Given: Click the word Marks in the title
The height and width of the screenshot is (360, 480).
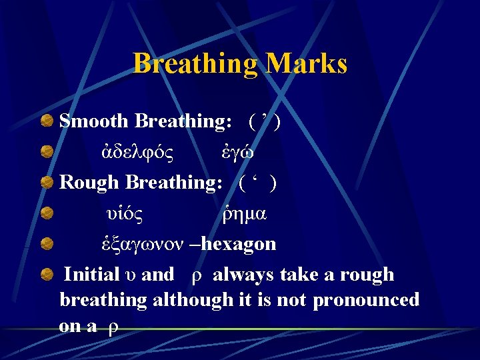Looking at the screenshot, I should (x=306, y=64).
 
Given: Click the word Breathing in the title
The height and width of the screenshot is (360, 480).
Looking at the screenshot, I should (x=195, y=64).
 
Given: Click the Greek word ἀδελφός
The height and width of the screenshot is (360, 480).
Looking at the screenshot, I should (x=133, y=152).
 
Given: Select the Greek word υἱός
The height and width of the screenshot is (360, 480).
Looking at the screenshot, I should (x=125, y=213).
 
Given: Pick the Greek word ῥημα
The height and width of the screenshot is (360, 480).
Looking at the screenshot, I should (x=244, y=213).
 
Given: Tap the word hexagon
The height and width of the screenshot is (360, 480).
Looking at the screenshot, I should (x=238, y=244).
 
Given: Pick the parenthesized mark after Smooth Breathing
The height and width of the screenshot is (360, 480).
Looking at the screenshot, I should (x=265, y=121).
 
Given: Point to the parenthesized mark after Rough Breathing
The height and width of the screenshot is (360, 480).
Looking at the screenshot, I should (x=258, y=183).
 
